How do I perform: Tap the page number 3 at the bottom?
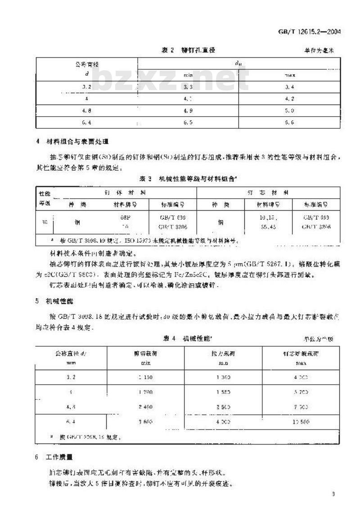[333, 494]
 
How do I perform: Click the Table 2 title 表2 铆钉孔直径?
[189, 50]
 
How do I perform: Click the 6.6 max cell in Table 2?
[289, 122]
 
